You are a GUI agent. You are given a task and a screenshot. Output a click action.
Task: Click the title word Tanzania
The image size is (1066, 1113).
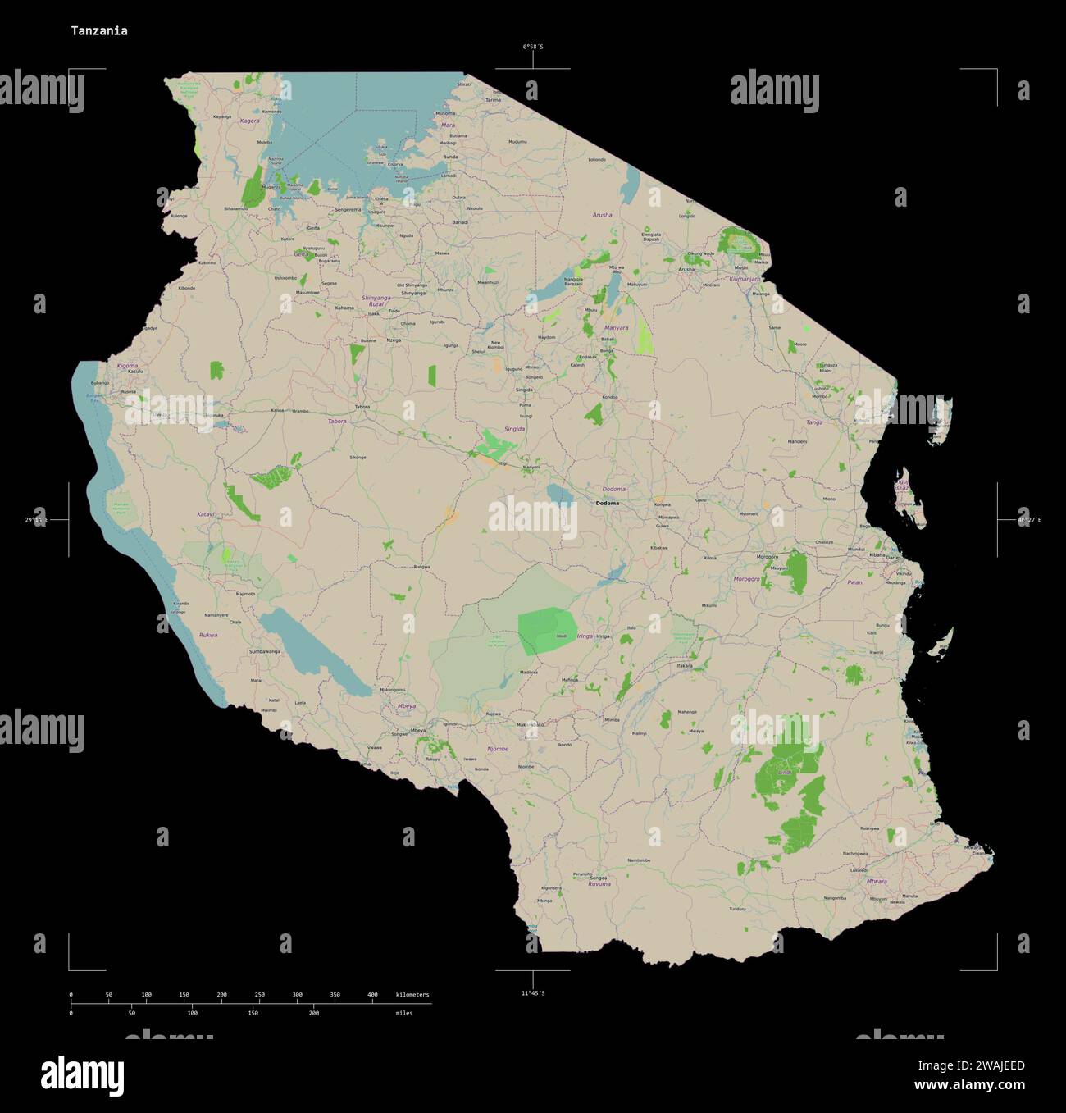pyautogui.click(x=98, y=31)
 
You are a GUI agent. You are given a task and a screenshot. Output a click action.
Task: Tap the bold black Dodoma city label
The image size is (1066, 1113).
pyautogui.click(x=608, y=503)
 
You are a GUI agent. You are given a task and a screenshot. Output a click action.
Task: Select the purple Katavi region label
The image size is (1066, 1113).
pyautogui.click(x=205, y=514)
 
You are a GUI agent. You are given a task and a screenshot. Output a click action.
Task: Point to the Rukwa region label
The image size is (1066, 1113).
pyautogui.click(x=208, y=635)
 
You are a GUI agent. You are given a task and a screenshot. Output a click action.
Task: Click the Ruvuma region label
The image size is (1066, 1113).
pyautogui.click(x=599, y=884)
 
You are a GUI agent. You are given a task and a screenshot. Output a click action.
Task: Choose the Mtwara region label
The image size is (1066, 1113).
pyautogui.click(x=877, y=882)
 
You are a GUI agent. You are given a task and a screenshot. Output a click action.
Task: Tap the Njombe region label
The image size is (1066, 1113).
pyautogui.click(x=498, y=749)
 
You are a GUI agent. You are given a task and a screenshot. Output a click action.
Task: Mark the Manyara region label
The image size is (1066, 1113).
pyautogui.click(x=616, y=328)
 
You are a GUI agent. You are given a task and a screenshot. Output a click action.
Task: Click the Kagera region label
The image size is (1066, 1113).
pyautogui.click(x=249, y=121)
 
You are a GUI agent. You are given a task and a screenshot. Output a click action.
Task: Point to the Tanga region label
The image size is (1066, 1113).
pyautogui.click(x=814, y=422)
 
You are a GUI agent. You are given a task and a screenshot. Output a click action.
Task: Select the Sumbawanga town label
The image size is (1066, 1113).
pyautogui.click(x=264, y=651)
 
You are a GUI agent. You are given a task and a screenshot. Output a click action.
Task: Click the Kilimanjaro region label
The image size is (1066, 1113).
pyautogui.click(x=745, y=279)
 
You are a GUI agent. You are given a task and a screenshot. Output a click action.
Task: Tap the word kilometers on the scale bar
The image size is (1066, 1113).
pyautogui.click(x=412, y=995)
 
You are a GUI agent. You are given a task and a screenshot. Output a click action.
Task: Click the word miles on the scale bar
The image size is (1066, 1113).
pyautogui.click(x=403, y=1013)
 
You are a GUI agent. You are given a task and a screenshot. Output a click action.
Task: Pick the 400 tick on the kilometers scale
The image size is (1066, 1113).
pyautogui.click(x=372, y=995)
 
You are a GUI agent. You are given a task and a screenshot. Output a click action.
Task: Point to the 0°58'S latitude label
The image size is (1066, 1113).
pyautogui.click(x=533, y=47)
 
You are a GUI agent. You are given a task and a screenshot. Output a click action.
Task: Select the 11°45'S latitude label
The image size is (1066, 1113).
pyautogui.click(x=533, y=993)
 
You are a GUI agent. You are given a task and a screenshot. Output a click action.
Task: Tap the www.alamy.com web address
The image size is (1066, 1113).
pyautogui.click(x=969, y=1086)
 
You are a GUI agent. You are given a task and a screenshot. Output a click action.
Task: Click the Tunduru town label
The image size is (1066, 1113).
pyautogui.click(x=738, y=909)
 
